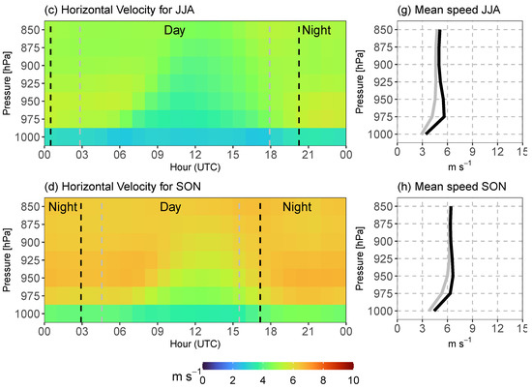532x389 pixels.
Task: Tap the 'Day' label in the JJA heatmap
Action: (174, 31)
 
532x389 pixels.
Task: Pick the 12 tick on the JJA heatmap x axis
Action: (194, 152)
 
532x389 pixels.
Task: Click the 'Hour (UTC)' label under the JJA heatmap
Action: (194, 164)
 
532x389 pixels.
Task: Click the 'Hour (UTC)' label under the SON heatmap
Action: (194, 343)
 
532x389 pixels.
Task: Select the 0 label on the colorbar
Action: (202, 381)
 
